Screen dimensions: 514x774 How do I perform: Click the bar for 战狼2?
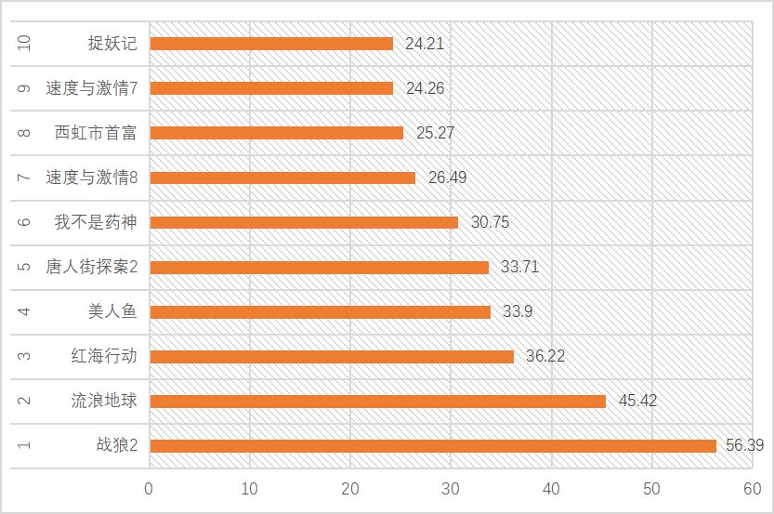(433, 446)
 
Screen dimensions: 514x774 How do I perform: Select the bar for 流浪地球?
(377, 402)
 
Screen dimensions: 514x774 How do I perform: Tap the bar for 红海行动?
(332, 357)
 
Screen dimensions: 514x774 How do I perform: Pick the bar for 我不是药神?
(304, 222)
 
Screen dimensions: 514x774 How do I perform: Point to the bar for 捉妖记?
(271, 44)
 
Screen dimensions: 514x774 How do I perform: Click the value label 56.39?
(744, 446)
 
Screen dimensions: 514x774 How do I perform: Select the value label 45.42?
(637, 402)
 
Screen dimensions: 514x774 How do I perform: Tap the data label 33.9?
(517, 312)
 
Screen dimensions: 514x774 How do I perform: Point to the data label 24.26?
(425, 88)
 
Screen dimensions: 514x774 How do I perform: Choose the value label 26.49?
(447, 178)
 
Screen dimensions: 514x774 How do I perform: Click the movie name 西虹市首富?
(96, 133)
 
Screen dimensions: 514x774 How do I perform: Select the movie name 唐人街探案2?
(91, 268)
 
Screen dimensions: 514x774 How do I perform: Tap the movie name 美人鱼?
(112, 312)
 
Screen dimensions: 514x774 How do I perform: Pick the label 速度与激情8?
(91, 178)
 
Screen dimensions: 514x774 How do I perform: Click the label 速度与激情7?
(91, 88)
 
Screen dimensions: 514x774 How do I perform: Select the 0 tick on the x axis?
(150, 488)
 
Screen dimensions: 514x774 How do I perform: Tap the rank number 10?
(24, 44)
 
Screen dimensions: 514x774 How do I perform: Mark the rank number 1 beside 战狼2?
(24, 446)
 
